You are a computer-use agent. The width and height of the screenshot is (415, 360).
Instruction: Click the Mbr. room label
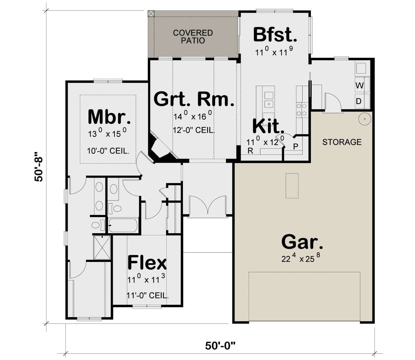(x=109, y=117)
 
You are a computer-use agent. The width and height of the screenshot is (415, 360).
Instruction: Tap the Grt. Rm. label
(x=194, y=99)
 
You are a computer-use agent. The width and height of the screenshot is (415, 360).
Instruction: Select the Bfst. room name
(x=275, y=35)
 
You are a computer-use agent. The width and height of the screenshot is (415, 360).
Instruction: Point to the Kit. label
(x=268, y=126)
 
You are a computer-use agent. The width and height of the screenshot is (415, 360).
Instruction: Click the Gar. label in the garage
(x=302, y=241)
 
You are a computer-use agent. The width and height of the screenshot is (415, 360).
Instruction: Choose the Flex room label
(x=147, y=263)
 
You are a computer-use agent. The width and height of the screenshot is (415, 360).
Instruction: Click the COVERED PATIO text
(x=193, y=37)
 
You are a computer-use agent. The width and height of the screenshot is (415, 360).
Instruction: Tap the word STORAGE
(x=342, y=142)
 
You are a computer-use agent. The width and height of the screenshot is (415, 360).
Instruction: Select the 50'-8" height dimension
(x=38, y=167)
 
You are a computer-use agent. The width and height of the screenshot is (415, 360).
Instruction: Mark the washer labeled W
(x=360, y=86)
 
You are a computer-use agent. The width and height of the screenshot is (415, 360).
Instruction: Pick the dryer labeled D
(x=359, y=101)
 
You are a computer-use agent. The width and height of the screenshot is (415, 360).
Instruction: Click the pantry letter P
(x=296, y=146)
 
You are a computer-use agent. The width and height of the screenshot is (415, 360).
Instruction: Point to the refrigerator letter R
(x=250, y=151)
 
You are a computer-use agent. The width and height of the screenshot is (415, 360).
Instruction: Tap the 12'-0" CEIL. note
(x=194, y=130)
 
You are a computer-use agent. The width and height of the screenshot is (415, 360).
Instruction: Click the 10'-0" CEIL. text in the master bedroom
(x=108, y=151)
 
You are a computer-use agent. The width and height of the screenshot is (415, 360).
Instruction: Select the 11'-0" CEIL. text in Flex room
(x=148, y=295)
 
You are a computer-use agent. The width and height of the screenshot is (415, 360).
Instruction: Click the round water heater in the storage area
(x=365, y=119)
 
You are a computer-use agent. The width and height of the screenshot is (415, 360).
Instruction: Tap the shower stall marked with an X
(x=102, y=247)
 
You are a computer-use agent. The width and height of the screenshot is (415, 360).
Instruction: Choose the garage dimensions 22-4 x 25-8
(x=301, y=258)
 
